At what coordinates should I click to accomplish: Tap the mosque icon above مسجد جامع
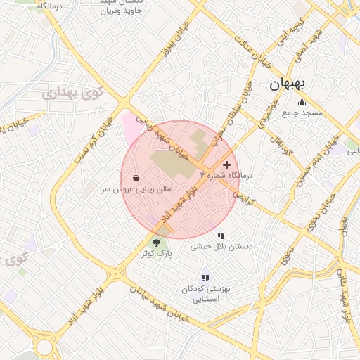click(x=302, y=102)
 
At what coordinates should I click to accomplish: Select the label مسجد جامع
click(x=302, y=112)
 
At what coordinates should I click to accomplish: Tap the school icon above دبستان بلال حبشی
click(x=221, y=236)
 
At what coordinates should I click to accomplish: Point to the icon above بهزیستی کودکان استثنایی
click(x=205, y=278)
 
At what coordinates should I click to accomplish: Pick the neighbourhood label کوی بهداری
click(x=72, y=92)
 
